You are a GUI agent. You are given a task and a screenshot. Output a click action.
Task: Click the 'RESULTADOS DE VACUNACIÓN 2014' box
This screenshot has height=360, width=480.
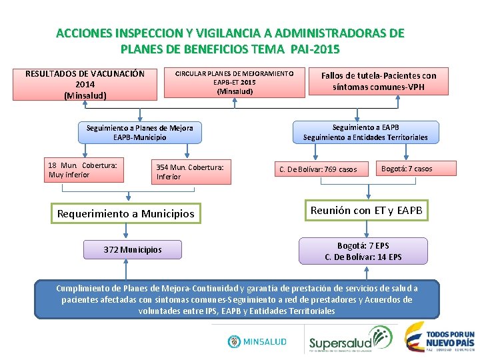[85, 84]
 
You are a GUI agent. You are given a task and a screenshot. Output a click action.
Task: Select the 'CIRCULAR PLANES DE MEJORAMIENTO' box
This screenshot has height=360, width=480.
[235, 81]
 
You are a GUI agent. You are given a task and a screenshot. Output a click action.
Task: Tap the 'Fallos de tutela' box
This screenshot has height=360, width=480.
[378, 81]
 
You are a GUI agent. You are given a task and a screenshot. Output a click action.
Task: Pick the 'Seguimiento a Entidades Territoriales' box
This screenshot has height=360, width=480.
[365, 132]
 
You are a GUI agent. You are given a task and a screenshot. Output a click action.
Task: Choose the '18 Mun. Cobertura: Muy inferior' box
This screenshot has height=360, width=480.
[85, 170]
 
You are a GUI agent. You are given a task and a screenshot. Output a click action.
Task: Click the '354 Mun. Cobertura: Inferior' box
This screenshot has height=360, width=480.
[192, 172]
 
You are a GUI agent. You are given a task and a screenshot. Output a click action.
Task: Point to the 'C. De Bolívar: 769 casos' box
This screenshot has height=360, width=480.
[319, 169]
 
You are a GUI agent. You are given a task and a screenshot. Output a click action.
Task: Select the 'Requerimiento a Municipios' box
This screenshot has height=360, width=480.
[126, 214]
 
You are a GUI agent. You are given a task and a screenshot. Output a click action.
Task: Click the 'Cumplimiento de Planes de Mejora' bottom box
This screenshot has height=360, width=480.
[237, 299]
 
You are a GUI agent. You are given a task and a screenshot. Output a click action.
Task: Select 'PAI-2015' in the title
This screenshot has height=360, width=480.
[311, 49]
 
